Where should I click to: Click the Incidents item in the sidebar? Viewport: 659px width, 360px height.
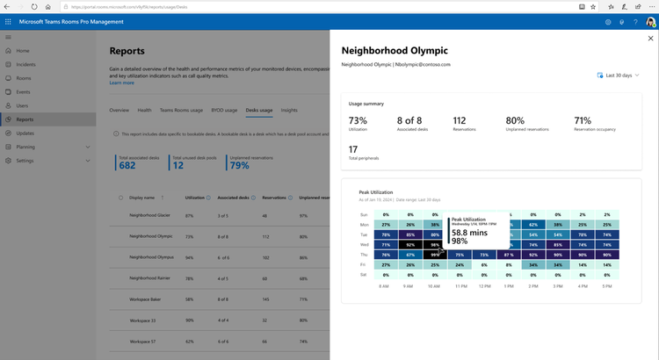pos(25,64)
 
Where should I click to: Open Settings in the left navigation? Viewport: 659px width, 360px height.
pos(25,161)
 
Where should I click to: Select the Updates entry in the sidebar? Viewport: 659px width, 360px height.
pos(25,133)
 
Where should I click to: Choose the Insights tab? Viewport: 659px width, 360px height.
pos(289,111)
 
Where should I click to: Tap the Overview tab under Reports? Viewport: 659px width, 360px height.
pos(119,111)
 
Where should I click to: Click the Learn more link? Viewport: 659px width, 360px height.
pos(121,83)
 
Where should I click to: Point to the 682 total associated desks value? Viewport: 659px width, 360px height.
pos(127,165)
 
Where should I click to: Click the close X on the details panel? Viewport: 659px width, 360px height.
pos(650,39)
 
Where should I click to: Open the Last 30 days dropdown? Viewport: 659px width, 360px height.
pos(618,76)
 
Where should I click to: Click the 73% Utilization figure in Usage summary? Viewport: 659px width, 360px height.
pos(358,120)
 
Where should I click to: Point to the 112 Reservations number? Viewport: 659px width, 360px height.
pos(460,120)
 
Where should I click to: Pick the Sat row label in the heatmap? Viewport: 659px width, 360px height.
pos(364,275)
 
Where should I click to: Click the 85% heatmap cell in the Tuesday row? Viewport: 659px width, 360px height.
pos(410,234)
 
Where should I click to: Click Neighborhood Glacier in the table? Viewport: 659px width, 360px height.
pos(149,215)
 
